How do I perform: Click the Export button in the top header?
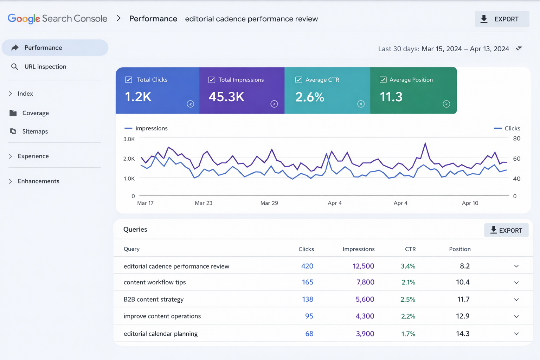(501, 19)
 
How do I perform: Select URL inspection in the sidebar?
(45, 66)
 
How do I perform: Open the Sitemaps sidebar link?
(35, 131)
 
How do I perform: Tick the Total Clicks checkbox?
(129, 80)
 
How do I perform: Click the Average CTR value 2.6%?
(309, 97)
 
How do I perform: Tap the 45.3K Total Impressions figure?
(226, 97)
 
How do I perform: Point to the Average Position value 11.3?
(391, 97)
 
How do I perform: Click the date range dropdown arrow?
(519, 49)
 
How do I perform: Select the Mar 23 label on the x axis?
(204, 203)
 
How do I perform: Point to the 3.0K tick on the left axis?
(129, 139)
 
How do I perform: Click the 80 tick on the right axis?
(516, 139)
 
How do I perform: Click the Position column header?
(459, 249)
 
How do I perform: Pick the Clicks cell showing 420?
(307, 266)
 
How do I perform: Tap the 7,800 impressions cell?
(365, 282)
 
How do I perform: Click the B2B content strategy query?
(154, 299)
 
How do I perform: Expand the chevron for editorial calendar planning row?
(516, 334)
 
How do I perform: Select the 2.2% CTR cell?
(408, 316)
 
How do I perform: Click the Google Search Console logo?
(57, 19)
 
